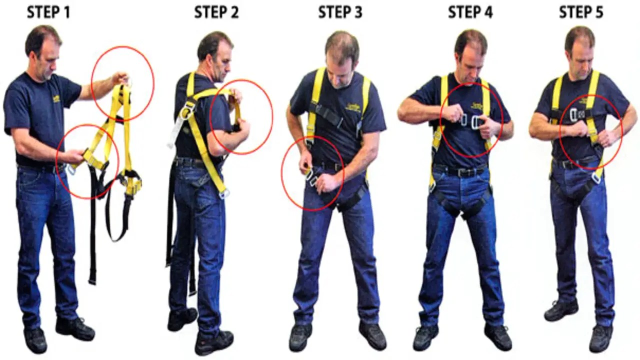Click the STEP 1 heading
[x=48, y=12]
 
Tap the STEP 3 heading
[x=340, y=12]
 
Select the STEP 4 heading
[x=469, y=12]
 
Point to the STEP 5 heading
[x=581, y=12]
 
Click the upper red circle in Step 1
[x=122, y=83]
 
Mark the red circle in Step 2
[x=241, y=116]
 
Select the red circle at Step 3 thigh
[x=312, y=173]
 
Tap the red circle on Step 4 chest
[x=471, y=120]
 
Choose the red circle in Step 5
[x=590, y=125]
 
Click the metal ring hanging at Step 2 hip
[x=224, y=193]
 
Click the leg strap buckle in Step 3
[x=310, y=176]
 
